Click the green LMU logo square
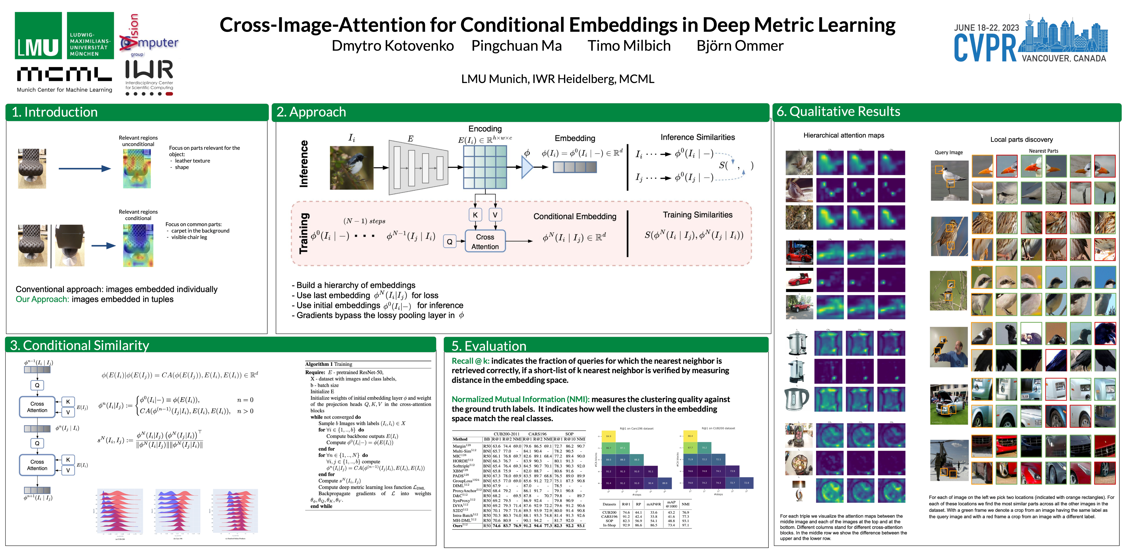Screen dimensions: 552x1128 (x=38, y=35)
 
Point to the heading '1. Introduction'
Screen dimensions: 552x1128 (x=55, y=112)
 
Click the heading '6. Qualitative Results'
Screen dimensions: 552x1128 (x=838, y=112)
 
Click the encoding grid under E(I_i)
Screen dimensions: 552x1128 (x=485, y=167)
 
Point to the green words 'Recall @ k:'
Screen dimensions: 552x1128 (x=471, y=361)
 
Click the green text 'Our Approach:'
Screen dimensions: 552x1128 (x=43, y=299)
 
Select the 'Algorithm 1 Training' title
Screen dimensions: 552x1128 (x=328, y=364)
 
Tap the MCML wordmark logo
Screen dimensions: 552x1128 (x=64, y=74)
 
